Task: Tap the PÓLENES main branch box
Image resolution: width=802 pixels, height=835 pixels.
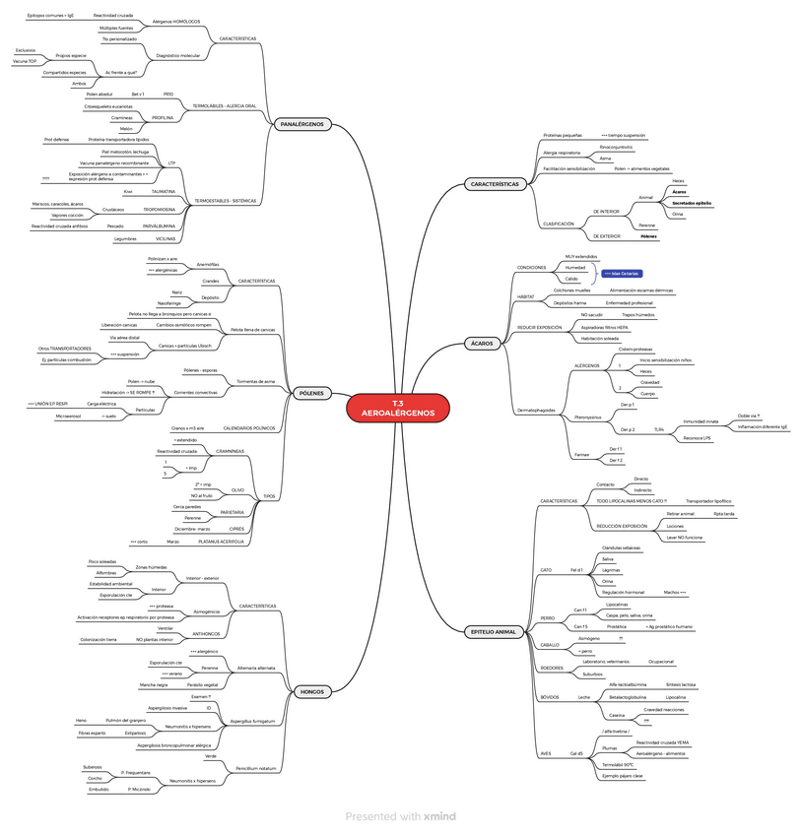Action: pyautogui.click(x=310, y=393)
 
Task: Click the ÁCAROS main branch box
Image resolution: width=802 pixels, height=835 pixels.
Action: pyautogui.click(x=481, y=343)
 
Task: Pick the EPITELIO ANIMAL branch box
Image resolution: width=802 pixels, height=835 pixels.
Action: pyautogui.click(x=494, y=631)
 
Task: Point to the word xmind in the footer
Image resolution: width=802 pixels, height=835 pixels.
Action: pyautogui.click(x=439, y=816)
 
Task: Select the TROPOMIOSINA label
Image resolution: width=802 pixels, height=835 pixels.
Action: pyautogui.click(x=159, y=210)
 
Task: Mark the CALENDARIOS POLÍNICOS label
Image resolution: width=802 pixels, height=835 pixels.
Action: pyautogui.click(x=249, y=428)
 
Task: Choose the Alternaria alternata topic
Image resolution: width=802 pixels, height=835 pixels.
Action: pyautogui.click(x=256, y=667)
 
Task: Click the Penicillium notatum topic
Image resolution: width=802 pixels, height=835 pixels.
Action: pyautogui.click(x=255, y=767)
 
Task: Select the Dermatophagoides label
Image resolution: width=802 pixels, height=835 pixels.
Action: pyautogui.click(x=536, y=410)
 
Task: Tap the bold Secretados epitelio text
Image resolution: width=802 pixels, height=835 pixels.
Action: pyautogui.click(x=692, y=202)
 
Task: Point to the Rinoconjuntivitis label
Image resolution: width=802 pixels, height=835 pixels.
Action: pyautogui.click(x=617, y=146)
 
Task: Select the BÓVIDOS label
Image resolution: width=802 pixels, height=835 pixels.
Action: pyautogui.click(x=550, y=697)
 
